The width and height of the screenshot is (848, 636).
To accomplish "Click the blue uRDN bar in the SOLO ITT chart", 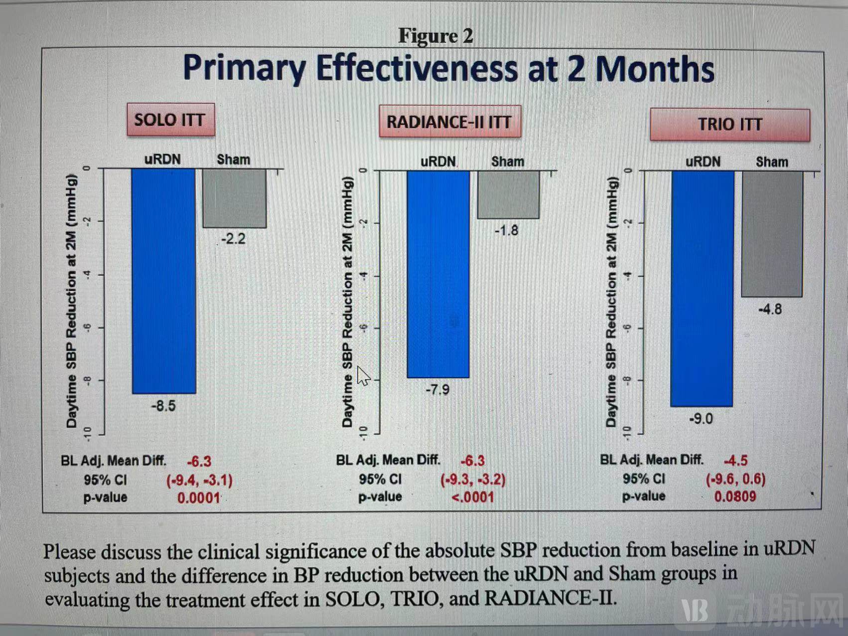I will click(x=163, y=281).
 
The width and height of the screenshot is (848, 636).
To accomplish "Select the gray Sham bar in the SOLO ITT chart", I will click(x=234, y=198).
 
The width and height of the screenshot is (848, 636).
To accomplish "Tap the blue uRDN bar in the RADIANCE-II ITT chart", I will click(x=438, y=274).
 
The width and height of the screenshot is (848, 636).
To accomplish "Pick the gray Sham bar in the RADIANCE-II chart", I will click(x=508, y=194).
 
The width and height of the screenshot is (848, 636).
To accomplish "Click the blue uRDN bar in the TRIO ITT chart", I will click(x=702, y=289).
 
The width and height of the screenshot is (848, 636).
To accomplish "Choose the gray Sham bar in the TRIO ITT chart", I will click(x=772, y=234).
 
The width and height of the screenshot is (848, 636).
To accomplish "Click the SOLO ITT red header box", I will click(x=170, y=120).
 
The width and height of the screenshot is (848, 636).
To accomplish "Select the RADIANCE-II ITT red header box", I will click(x=449, y=122).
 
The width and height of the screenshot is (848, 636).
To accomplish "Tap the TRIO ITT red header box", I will click(x=729, y=125).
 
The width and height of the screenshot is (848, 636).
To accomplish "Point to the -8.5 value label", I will click(x=163, y=406).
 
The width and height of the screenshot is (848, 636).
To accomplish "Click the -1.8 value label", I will click(x=506, y=231).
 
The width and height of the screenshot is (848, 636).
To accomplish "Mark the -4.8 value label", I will click(x=770, y=310).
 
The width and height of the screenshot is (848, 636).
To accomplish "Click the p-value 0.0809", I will click(x=735, y=496).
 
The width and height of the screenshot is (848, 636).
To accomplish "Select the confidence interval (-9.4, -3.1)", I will click(x=199, y=480).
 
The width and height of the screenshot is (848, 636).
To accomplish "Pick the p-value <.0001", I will click(x=472, y=497).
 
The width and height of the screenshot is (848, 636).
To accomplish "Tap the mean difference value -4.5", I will click(x=735, y=460).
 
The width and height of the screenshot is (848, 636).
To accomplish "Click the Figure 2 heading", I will click(x=435, y=36).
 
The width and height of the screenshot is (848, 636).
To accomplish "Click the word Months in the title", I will click(x=655, y=69).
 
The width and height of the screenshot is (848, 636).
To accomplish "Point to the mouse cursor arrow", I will click(x=363, y=376).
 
